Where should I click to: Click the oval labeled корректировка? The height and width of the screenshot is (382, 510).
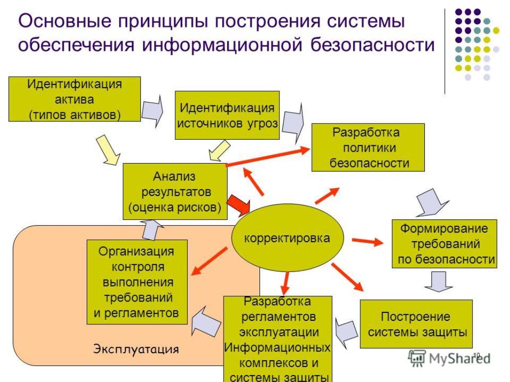pos(287,238)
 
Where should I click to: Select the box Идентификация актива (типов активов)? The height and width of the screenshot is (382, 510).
pos(75,99)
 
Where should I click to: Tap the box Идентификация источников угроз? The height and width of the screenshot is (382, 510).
pos(227,115)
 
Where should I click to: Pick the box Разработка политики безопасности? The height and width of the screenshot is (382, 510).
pos(368,147)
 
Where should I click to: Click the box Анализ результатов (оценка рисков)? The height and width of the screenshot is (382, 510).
pos(175,191)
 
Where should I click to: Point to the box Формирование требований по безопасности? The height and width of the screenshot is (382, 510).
pos(444,244)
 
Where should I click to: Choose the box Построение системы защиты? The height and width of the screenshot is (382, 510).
pos(416,324)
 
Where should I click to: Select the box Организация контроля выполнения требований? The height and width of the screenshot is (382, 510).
pos(137,282)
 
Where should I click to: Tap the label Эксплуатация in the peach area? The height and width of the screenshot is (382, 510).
pos(136,349)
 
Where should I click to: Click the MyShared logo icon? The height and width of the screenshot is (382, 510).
pos(417,358)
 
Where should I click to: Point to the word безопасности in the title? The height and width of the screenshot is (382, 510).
pos(373,45)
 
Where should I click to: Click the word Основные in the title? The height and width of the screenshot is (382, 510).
pos(65,21)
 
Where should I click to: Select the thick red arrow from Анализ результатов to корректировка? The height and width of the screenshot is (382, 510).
pos(238,205)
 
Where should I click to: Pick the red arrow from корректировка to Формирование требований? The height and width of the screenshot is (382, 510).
pos(368,241)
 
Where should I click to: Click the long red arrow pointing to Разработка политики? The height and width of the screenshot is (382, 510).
pos(268,157)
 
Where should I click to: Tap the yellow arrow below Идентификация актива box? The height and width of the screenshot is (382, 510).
pos(108,150)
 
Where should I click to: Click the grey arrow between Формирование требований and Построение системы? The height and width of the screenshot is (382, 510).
pos(439,282)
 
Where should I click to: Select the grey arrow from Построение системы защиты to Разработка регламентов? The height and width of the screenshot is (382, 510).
pos(347,333)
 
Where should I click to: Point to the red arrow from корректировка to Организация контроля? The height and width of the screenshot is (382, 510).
pos(209,262)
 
